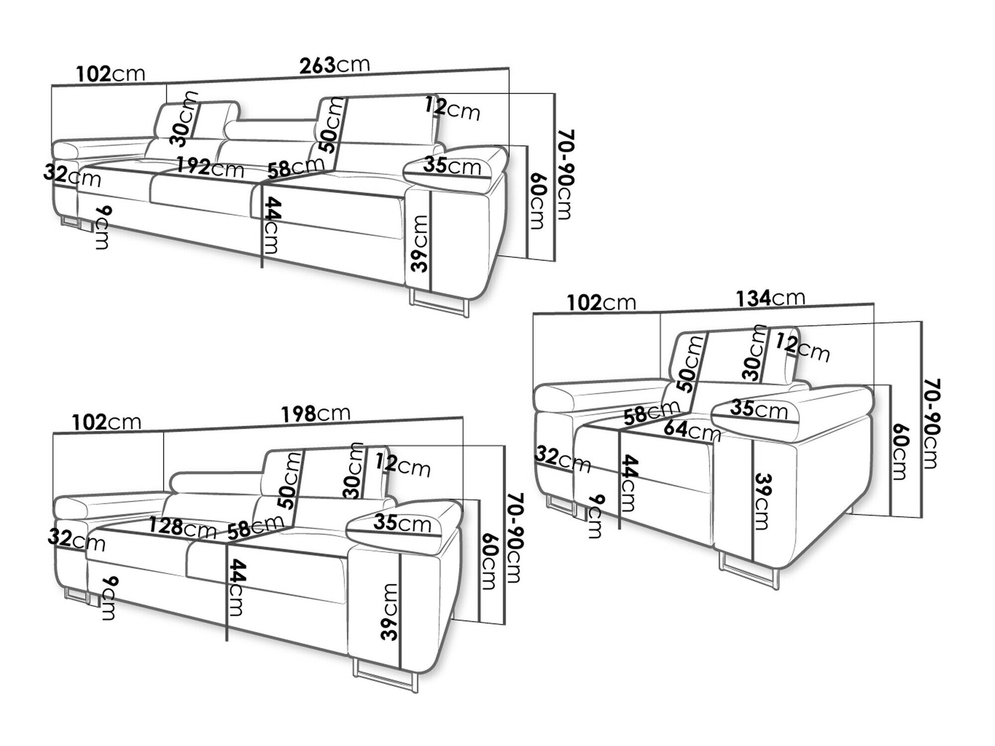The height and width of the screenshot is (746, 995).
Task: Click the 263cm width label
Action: click(334, 66)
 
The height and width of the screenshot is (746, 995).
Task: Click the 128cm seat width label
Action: click(182, 528)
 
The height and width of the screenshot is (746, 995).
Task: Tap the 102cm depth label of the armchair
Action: click(601, 302)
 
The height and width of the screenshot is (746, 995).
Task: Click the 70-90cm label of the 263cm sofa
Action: click(563, 174)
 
